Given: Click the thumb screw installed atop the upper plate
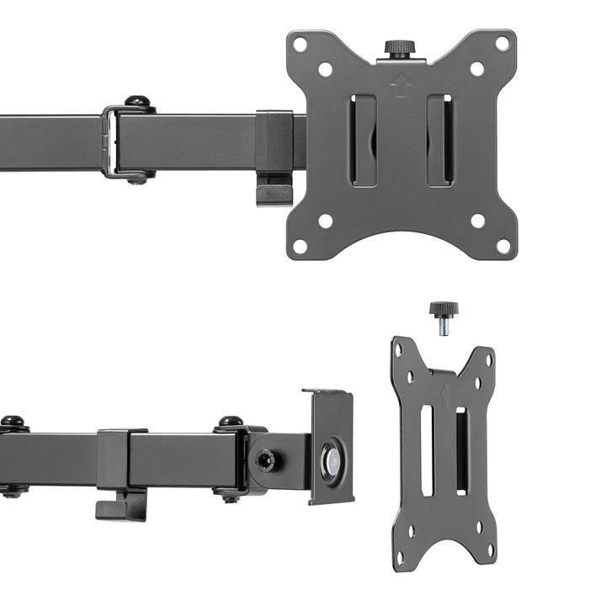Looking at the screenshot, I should [396, 48].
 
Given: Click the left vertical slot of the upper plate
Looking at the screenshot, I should [364, 140].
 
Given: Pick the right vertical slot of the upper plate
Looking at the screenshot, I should [439, 140].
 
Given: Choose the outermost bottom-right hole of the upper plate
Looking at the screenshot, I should [502, 247].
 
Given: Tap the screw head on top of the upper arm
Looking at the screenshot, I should [139, 103].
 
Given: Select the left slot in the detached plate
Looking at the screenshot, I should [427, 450].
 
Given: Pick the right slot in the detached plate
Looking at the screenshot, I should [460, 450].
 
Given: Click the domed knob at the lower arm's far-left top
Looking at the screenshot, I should [12, 423].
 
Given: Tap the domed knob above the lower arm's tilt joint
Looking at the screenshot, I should [231, 423].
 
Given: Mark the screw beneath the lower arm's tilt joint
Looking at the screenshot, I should [231, 497].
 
